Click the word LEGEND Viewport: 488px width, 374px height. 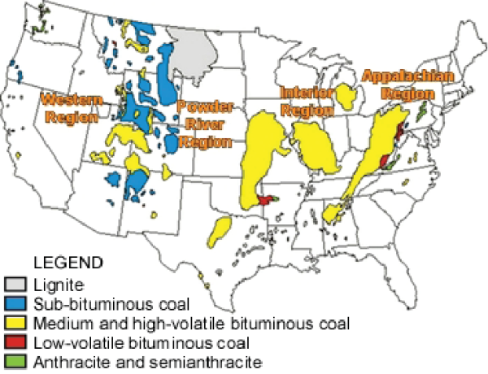click(x=68, y=263)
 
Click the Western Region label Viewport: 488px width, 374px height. click(x=72, y=107)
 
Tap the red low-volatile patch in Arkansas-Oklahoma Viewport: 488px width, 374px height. click(x=265, y=199)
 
